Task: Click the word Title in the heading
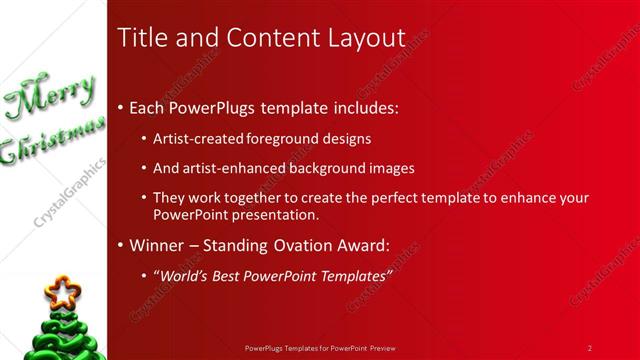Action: click(142, 38)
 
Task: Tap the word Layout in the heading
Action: click(363, 38)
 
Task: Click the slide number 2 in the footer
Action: click(590, 348)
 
